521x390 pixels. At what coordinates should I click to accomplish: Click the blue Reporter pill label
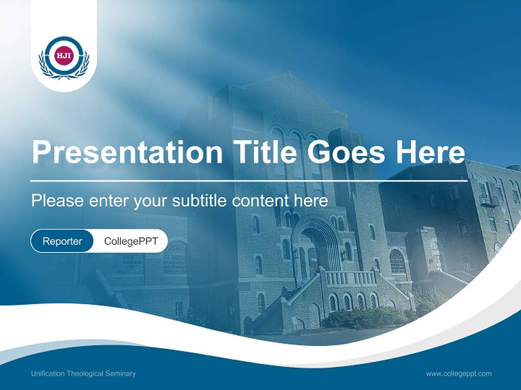coord(62,241)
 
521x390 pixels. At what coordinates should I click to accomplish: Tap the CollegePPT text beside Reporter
coord(131,241)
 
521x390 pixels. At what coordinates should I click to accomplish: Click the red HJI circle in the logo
coord(63,55)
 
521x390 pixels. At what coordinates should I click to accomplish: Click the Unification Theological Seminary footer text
coord(84,374)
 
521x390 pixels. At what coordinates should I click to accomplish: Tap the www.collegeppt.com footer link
coord(459,374)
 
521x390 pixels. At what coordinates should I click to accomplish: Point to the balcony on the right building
coord(489,200)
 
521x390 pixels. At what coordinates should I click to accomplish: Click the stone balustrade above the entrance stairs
coord(350,278)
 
